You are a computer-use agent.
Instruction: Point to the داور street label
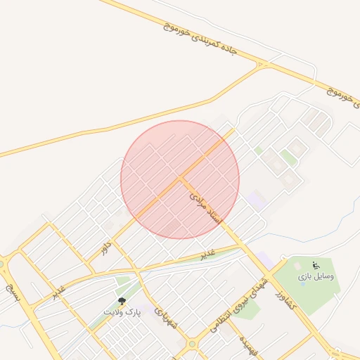(x=106, y=247)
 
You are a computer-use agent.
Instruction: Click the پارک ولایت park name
(x=123, y=311)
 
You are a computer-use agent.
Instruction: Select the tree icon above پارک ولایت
(x=122, y=301)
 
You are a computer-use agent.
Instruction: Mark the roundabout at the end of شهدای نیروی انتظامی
(x=191, y=345)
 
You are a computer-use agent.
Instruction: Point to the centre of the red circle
(x=180, y=179)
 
